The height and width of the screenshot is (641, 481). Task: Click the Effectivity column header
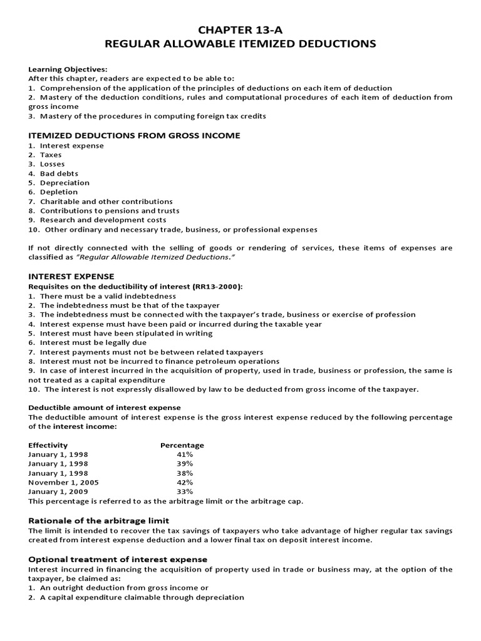coord(48,445)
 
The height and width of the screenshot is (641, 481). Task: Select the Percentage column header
coord(182,445)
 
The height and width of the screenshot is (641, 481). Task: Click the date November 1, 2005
coord(63,483)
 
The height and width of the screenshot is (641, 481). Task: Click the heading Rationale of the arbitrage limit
coord(99,521)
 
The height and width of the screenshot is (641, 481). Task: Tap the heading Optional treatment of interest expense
coord(118,558)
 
